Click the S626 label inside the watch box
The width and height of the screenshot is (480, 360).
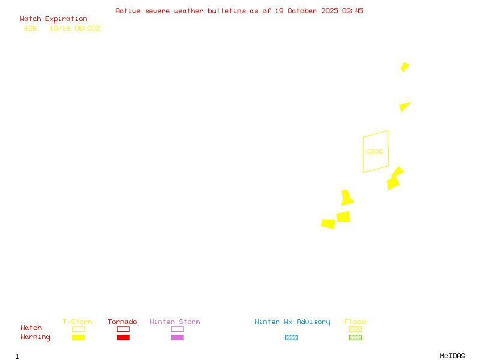(374, 152)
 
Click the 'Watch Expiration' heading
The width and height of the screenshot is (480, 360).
(53, 19)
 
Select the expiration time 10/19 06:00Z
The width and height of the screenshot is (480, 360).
(74, 28)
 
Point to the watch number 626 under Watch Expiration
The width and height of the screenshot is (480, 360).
(30, 28)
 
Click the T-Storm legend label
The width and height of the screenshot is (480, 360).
(77, 322)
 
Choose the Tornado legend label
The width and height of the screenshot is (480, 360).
(122, 322)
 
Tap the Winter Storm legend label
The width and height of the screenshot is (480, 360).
(175, 322)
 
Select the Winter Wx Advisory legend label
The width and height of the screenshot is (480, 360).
(292, 322)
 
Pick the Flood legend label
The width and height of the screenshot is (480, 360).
(355, 322)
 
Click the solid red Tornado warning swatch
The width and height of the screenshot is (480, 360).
(123, 338)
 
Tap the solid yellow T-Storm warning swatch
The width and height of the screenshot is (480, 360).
(78, 338)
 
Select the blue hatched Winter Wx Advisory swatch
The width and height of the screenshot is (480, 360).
(291, 338)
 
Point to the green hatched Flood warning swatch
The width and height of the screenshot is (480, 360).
(355, 338)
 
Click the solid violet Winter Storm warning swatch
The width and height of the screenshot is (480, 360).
(177, 338)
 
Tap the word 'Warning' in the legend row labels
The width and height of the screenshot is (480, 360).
(35, 337)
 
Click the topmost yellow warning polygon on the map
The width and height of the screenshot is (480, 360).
(404, 67)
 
